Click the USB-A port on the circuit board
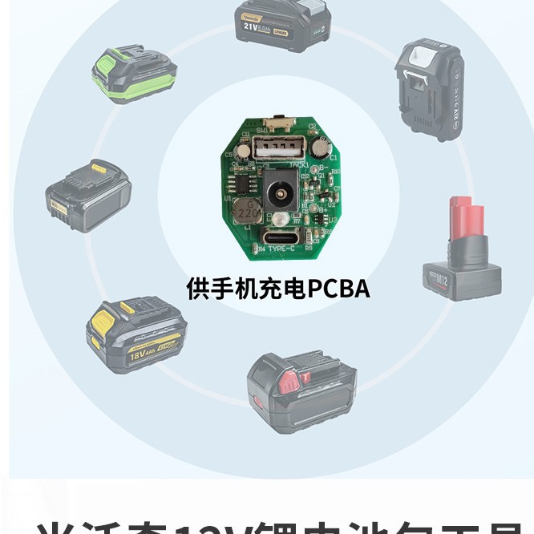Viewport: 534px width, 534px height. click(277, 148)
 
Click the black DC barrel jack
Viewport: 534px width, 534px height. click(281, 192)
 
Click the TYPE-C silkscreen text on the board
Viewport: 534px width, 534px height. click(282, 250)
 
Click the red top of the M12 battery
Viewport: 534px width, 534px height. click(467, 217)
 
